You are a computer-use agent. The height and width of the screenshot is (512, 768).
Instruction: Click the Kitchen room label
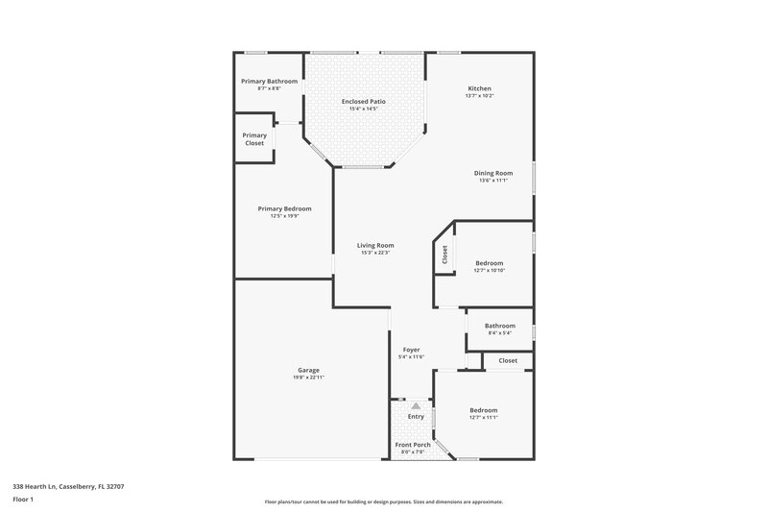tap(479, 88)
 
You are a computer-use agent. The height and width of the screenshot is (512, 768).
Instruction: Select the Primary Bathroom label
tap(269, 82)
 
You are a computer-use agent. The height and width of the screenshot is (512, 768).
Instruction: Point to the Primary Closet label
tap(254, 139)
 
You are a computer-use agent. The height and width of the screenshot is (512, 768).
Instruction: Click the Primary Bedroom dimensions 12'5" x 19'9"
tap(284, 216)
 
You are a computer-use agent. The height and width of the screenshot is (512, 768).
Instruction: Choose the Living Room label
tap(377, 245)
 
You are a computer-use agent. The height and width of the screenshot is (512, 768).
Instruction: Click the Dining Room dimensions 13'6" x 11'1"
tap(492, 181)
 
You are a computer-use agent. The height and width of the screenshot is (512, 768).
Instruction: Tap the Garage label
tap(308, 370)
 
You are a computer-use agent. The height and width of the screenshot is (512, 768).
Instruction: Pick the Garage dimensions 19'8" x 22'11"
tap(308, 378)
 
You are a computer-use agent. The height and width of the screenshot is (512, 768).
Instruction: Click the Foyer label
tap(410, 350)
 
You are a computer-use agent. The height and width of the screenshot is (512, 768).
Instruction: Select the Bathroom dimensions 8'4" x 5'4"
tap(500, 333)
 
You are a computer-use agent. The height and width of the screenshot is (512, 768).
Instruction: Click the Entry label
tap(416, 416)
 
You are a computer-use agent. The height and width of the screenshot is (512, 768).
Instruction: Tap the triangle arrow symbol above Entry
tap(416, 406)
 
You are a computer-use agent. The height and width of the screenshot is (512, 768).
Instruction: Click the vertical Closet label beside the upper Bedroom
tap(444, 256)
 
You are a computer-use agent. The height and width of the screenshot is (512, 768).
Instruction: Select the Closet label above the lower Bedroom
tap(508, 360)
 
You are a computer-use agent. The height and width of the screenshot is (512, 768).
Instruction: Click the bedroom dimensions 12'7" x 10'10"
tap(489, 271)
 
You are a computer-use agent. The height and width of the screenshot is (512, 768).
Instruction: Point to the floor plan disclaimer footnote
tap(383, 501)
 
